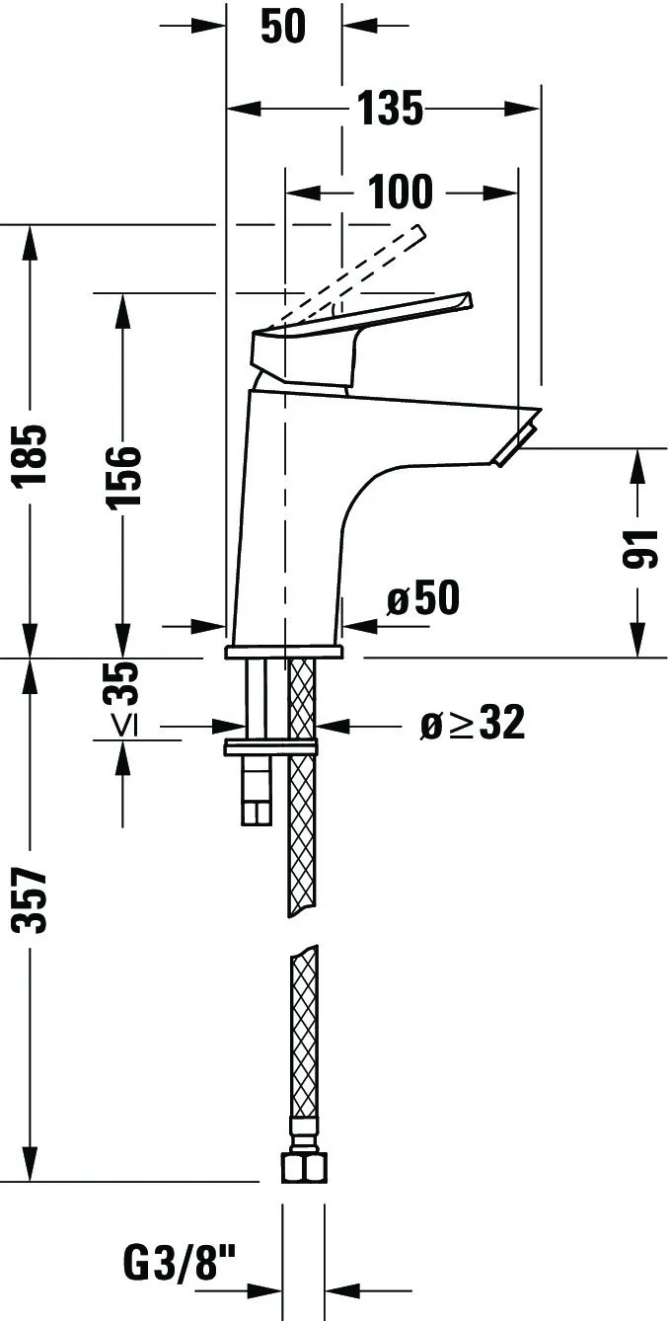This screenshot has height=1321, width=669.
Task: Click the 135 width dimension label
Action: [x=390, y=109]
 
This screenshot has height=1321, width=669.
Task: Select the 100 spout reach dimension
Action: [x=401, y=192]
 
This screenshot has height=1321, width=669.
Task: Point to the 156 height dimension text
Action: [x=123, y=476]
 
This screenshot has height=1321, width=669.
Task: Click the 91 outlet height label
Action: [x=640, y=548]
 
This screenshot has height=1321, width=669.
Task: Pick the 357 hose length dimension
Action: [x=33, y=899]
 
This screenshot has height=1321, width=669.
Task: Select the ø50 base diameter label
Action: [x=423, y=598]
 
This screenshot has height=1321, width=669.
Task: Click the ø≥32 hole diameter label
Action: [x=472, y=725]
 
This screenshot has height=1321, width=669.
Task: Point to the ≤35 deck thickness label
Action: [x=123, y=699]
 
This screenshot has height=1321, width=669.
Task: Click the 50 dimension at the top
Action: [x=283, y=28]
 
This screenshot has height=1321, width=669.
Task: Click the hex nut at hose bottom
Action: [x=303, y=1167]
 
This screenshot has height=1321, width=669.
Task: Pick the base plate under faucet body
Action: [x=283, y=652]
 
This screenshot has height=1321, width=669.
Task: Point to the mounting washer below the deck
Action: [x=271, y=747]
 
